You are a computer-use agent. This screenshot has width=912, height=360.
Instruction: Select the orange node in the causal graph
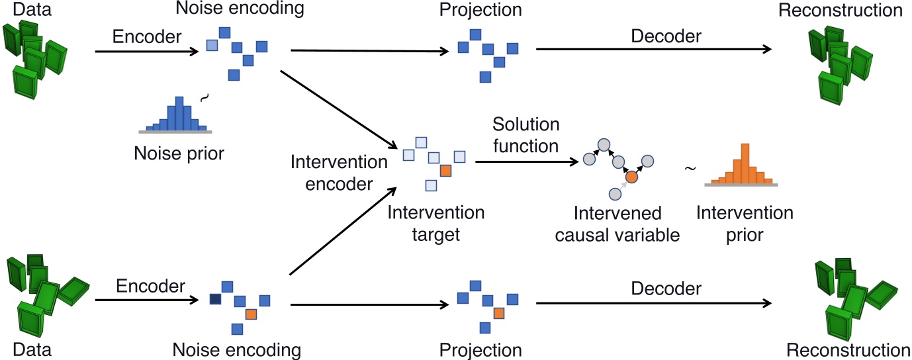[632, 177]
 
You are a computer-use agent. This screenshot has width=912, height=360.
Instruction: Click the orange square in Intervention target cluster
[445, 171]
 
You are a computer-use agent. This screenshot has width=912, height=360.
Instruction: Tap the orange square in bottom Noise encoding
[251, 314]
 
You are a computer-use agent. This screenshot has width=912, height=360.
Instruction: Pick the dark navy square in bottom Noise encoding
[214, 300]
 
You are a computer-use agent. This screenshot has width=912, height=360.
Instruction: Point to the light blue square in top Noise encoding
[211, 45]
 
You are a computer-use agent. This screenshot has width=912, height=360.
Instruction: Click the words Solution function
[526, 135]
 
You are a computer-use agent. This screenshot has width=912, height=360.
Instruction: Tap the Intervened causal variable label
[617, 224]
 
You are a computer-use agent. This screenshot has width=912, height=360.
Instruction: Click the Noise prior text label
[179, 154]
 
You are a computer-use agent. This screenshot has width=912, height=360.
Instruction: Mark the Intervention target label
[435, 224]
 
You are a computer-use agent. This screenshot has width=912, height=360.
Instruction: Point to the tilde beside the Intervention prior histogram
[690, 169]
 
